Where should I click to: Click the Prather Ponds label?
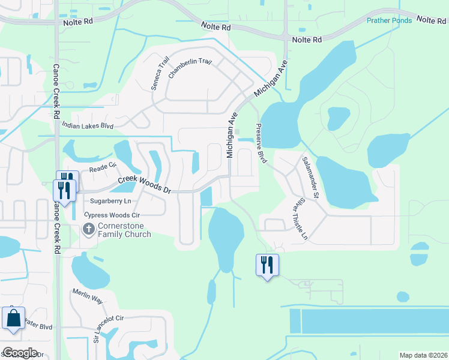389,20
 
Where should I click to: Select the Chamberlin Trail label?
191,70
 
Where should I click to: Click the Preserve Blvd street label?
261,143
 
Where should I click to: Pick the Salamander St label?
309,177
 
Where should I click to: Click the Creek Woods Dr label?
144,184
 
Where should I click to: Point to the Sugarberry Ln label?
110,201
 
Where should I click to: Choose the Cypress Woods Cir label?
112,214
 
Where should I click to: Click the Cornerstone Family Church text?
125,230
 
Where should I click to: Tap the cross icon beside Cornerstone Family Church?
88,229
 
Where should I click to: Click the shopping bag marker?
13,317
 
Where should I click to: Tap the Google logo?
20,352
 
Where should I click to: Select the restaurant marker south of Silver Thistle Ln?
267,264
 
